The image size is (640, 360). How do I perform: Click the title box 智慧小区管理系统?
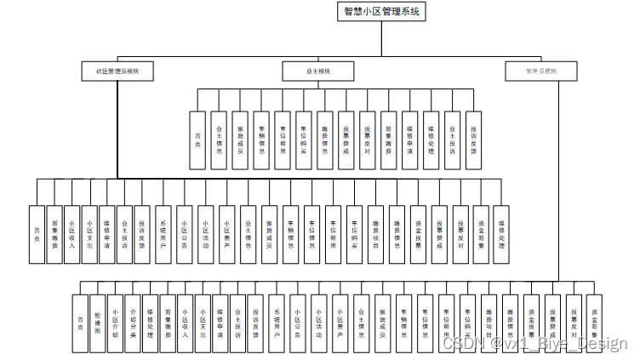(x=380, y=12)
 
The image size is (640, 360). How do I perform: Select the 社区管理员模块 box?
(x=117, y=71)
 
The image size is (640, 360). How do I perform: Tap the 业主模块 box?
(x=318, y=71)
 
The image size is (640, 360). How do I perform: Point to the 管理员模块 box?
(x=541, y=71)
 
